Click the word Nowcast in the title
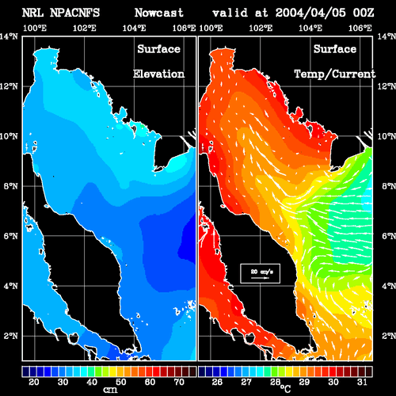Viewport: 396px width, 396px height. click(x=159, y=13)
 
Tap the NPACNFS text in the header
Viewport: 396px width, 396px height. click(x=74, y=13)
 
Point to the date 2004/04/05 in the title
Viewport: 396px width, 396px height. click(x=310, y=13)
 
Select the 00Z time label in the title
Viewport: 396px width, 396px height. click(x=364, y=13)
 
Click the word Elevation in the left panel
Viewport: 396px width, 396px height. click(x=158, y=74)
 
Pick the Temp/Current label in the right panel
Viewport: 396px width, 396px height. click(x=335, y=74)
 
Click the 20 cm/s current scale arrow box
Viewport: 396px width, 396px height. click(x=260, y=273)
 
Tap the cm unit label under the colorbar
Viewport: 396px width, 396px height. click(x=110, y=390)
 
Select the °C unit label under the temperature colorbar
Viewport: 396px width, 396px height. click(x=285, y=388)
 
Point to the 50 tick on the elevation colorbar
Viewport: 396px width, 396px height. click(x=121, y=382)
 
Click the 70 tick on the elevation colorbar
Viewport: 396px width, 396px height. click(x=179, y=382)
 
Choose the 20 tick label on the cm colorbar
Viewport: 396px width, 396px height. click(x=34, y=382)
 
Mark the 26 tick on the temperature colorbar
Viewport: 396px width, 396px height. click(x=217, y=382)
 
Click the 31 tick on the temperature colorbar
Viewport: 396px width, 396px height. click(x=362, y=382)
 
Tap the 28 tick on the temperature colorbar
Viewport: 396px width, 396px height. click(x=275, y=382)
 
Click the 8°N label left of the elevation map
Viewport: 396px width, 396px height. click(x=10, y=186)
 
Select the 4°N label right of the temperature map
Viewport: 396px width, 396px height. click(x=389, y=286)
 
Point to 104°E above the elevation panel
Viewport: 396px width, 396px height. click(x=134, y=28)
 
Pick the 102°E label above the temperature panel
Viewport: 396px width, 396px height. click(x=261, y=28)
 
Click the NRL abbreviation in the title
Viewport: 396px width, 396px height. click(x=32, y=13)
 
